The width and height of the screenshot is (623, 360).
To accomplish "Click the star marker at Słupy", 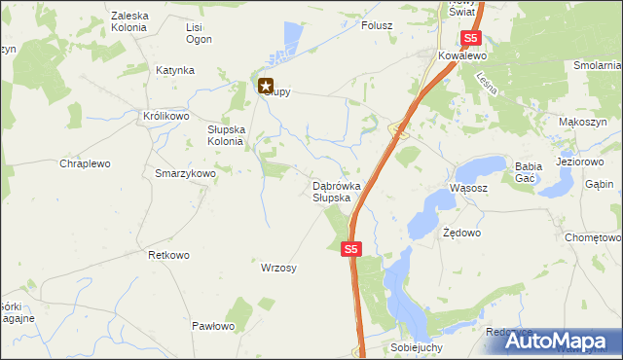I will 266,86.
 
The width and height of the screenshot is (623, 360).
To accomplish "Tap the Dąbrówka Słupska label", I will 337,191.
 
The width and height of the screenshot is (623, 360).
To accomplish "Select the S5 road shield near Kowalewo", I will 471,39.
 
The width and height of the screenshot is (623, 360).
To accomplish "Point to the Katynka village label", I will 175,71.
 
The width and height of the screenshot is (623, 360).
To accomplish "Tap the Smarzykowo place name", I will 185,172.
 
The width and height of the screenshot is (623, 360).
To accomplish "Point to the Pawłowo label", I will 214,326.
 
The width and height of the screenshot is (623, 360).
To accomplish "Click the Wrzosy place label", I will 278,268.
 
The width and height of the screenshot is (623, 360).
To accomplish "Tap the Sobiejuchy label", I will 416,347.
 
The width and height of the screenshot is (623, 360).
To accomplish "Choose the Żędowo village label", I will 461,234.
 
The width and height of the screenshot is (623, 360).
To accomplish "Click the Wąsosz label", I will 467,188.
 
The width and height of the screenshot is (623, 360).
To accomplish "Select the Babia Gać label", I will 528,172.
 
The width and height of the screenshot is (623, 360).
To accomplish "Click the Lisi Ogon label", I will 200,33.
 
